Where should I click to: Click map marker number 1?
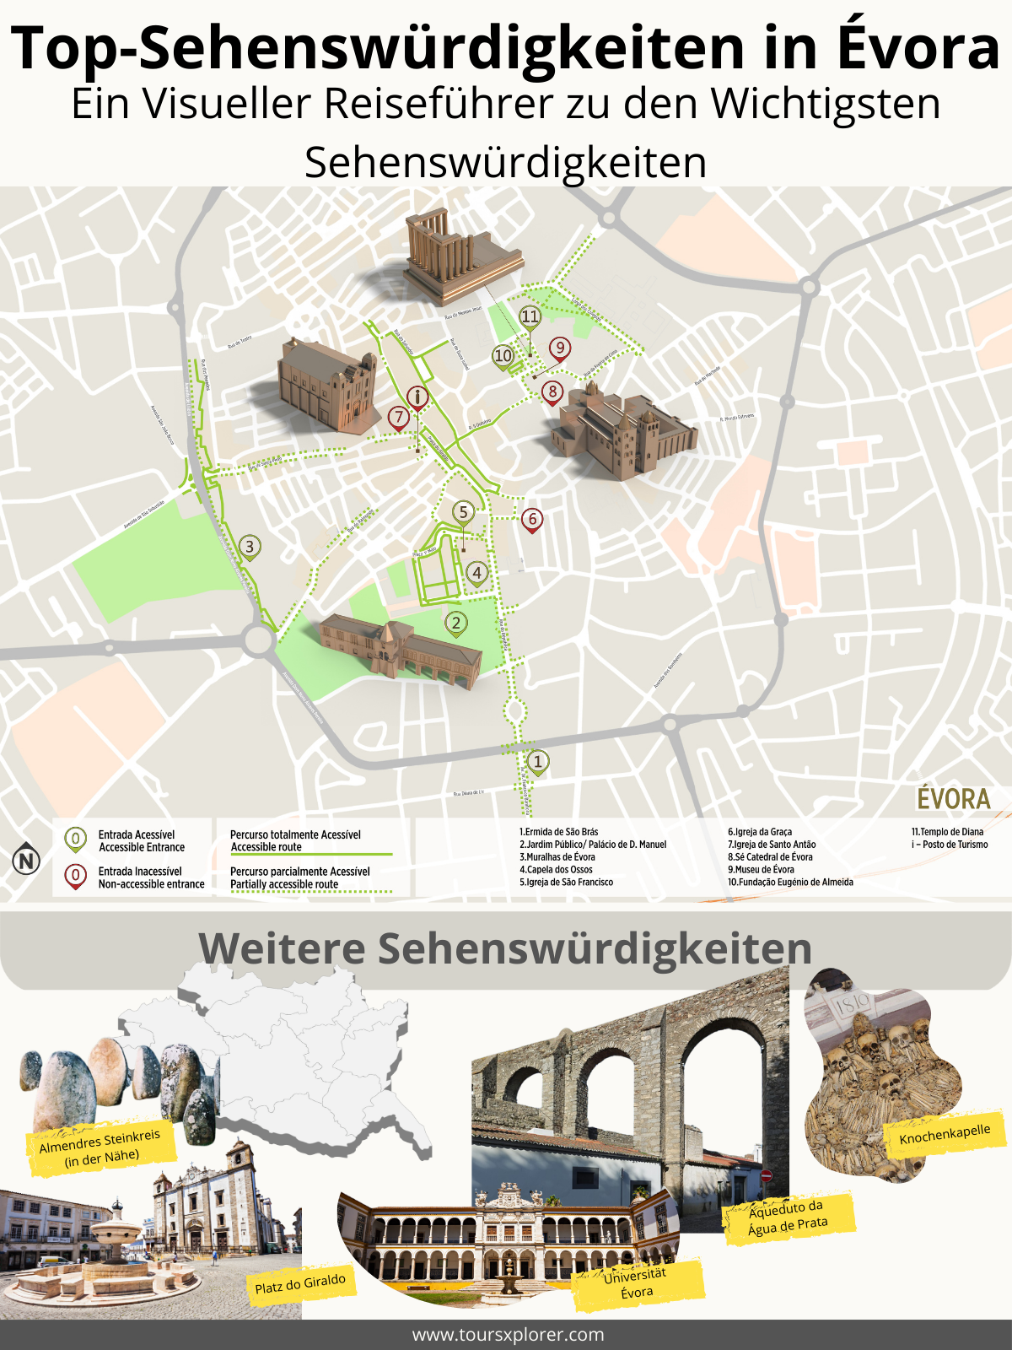[x=538, y=762]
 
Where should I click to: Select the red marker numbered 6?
[x=531, y=520]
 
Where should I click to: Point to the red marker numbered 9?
[x=559, y=348]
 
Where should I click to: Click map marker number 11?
[x=529, y=317]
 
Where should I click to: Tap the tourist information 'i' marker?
[x=417, y=397]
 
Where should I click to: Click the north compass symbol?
[x=27, y=861]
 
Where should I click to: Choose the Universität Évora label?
[x=637, y=1283]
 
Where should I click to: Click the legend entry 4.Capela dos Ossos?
[x=556, y=870]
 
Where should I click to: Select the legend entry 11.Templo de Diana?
[x=947, y=832]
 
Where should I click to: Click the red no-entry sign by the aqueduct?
[x=766, y=1175]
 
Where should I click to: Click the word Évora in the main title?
[x=918, y=49]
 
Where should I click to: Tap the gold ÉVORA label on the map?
[x=953, y=799]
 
